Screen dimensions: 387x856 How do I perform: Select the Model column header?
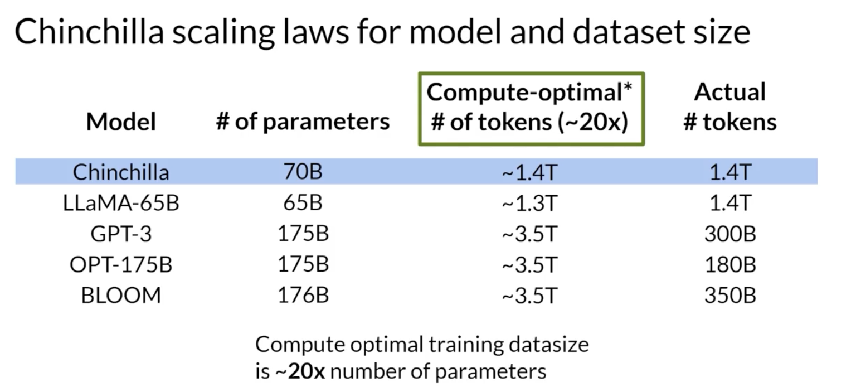pos(121,122)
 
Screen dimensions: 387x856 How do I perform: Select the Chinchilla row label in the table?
pos(121,172)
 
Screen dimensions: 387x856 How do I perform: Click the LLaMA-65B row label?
pos(121,203)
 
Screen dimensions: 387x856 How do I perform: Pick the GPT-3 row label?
pos(121,234)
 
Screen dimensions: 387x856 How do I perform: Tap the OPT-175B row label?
pos(121,264)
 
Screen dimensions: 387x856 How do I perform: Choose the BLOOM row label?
pos(121,295)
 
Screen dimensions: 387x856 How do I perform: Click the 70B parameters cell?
pos(303,172)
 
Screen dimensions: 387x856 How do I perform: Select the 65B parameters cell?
pos(303,203)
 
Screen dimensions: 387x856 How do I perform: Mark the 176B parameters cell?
pos(303,295)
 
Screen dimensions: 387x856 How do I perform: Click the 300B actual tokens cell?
pos(730,234)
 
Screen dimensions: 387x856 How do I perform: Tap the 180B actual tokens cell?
pos(730,264)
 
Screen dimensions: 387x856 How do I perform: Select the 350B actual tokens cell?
pos(730,295)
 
